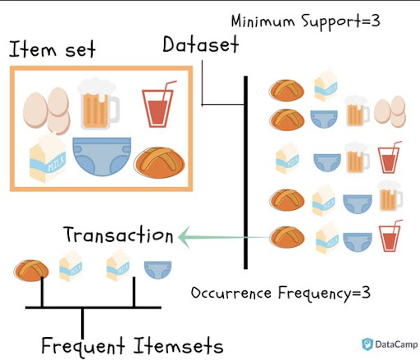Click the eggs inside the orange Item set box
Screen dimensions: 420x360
[x=47, y=111]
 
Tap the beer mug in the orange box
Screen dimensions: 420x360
[x=99, y=104]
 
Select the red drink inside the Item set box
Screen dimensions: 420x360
[x=159, y=104]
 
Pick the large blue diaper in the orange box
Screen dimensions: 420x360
[x=102, y=157]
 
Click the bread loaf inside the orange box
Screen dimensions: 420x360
[x=160, y=162]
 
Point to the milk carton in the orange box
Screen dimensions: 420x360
[x=48, y=158]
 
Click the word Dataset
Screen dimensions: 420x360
[x=201, y=44]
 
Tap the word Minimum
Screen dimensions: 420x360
[x=262, y=21]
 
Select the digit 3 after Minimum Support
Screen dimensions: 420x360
[x=376, y=21]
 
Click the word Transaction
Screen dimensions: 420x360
[x=118, y=235]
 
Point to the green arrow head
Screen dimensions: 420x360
[x=185, y=237]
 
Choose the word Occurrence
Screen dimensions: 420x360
[x=231, y=293]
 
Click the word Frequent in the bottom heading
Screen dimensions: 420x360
[x=83, y=346]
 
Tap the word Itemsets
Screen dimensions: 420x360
[x=178, y=345]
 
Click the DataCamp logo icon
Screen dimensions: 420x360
[x=367, y=344]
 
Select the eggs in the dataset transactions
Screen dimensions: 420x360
[x=390, y=112]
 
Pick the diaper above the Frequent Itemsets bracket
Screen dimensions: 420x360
[x=157, y=270]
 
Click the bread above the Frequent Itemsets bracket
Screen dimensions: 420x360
[x=32, y=271]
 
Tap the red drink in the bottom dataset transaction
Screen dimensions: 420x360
[x=390, y=236]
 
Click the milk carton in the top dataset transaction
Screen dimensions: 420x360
[x=326, y=85]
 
